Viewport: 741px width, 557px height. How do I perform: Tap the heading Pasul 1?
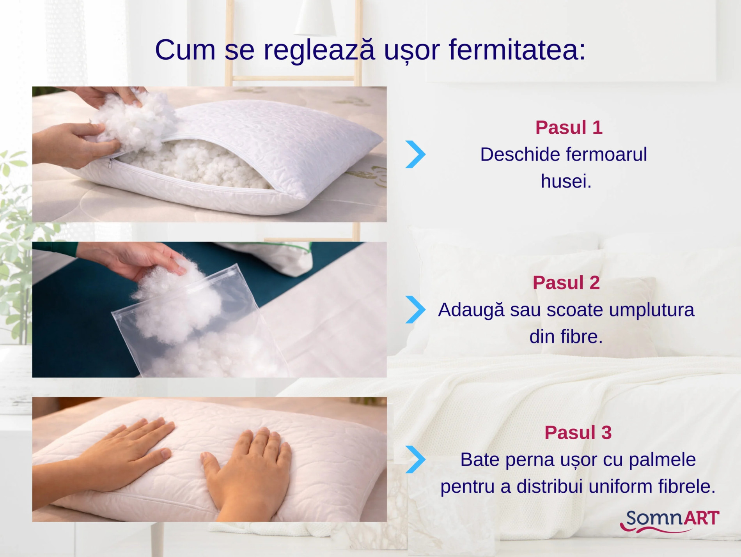click(569, 127)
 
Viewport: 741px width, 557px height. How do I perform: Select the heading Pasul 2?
click(566, 283)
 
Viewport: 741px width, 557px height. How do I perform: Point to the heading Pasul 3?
click(578, 432)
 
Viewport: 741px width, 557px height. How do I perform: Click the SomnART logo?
click(670, 521)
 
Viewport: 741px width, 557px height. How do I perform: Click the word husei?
click(566, 181)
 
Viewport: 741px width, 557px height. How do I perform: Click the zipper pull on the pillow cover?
click(111, 163)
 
